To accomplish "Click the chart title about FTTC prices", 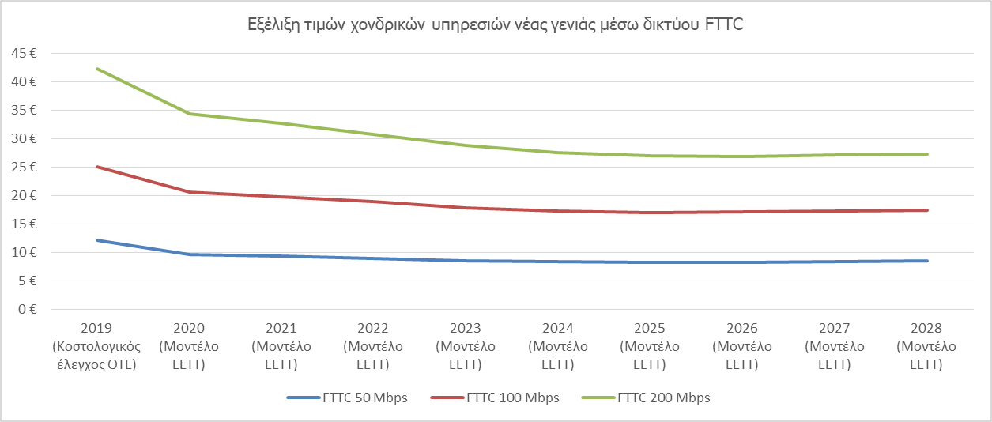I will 496,24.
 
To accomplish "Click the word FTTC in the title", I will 723,24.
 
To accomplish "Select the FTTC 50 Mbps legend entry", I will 347,398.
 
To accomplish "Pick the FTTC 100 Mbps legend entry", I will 496,398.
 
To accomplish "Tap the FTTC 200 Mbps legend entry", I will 646,398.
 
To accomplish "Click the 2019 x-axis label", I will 96,328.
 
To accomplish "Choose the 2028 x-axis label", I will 926,328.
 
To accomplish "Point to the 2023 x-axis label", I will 465,328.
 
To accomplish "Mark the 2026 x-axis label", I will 741,328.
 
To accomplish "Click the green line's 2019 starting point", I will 96,69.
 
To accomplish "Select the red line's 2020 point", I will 189,192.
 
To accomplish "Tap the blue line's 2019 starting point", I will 96,240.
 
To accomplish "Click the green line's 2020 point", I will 189,114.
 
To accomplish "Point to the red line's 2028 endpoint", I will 926,210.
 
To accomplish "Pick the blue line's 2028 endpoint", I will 926,261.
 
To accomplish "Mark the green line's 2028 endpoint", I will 926,154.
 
